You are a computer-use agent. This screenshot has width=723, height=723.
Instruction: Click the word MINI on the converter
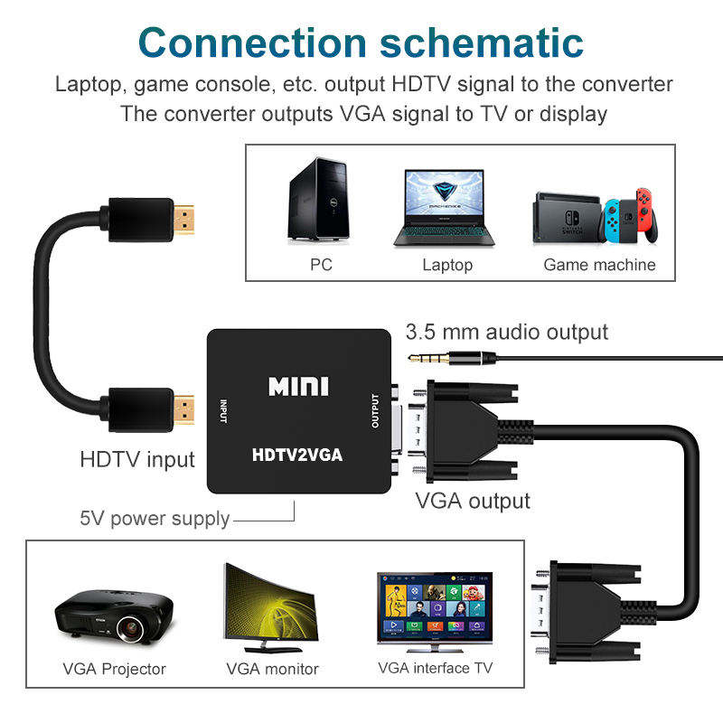click(298, 387)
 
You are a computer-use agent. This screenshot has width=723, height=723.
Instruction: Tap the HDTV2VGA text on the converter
click(297, 455)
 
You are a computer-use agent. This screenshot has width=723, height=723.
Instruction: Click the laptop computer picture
click(446, 207)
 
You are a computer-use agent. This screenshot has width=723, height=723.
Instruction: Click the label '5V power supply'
click(155, 519)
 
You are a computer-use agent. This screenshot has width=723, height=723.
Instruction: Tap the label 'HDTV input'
click(137, 459)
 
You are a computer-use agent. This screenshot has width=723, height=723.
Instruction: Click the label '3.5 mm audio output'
click(506, 332)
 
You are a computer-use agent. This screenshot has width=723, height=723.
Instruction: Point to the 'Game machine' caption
click(598, 265)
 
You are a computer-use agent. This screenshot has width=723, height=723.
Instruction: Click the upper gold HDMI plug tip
click(187, 217)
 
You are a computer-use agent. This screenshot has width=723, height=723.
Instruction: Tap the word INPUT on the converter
click(223, 410)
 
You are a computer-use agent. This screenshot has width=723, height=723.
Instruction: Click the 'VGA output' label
click(472, 500)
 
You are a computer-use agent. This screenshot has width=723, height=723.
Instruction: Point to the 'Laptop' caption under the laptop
click(446, 265)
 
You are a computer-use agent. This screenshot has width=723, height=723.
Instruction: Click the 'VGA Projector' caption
click(114, 669)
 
